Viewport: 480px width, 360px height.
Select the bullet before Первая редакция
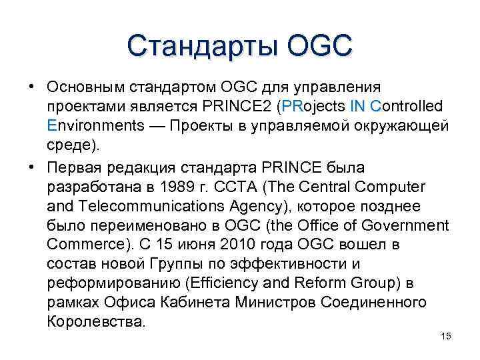[x=32, y=166]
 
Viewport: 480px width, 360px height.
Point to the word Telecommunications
[x=157, y=205]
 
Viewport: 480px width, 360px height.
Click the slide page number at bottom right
[x=447, y=336]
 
